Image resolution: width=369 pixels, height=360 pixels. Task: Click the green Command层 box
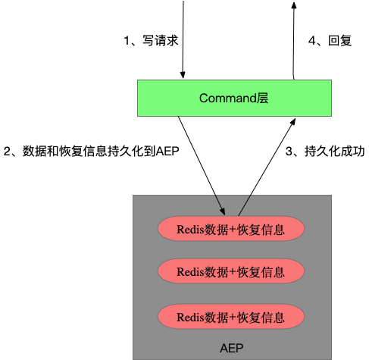234,98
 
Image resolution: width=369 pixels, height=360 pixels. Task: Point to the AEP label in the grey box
231,348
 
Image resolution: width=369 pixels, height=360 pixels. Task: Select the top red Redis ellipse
230,228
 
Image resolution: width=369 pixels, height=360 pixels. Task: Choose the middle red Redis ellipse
230,271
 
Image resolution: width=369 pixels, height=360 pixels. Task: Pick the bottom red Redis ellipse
230,316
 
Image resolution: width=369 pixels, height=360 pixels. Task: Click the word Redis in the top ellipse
189,229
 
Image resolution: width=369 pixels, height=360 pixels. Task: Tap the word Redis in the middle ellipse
189,271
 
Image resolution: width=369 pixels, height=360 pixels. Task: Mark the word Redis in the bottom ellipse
189,317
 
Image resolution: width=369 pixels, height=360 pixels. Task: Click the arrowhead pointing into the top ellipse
223,212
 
